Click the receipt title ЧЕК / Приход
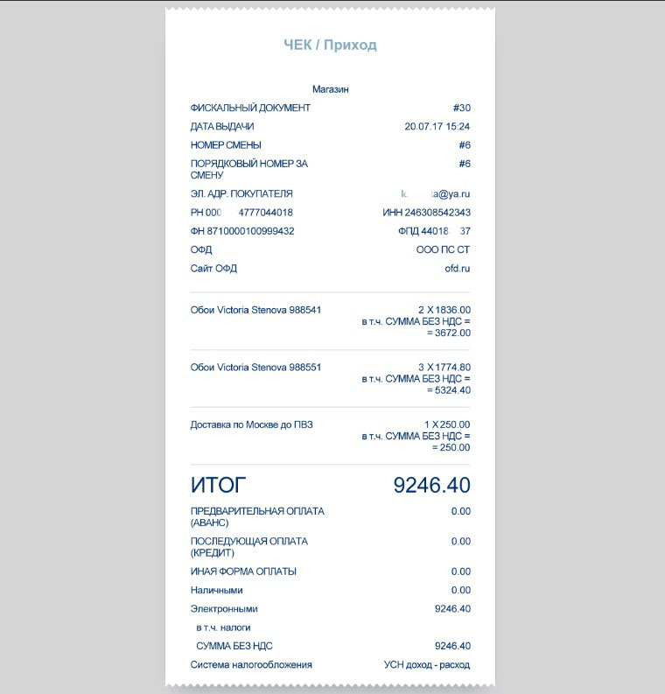(330, 46)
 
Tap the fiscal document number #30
(462, 108)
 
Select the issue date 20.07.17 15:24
(437, 126)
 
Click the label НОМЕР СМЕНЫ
(226, 145)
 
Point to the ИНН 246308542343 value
(426, 213)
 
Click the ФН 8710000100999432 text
(242, 231)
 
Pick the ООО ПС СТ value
(443, 249)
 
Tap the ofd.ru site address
(458, 269)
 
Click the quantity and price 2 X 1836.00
(444, 310)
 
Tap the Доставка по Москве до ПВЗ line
(251, 425)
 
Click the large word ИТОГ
(219, 485)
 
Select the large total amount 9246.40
(431, 485)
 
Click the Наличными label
(216, 591)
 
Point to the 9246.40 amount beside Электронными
(452, 609)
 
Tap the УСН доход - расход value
(426, 665)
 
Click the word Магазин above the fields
(331, 89)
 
